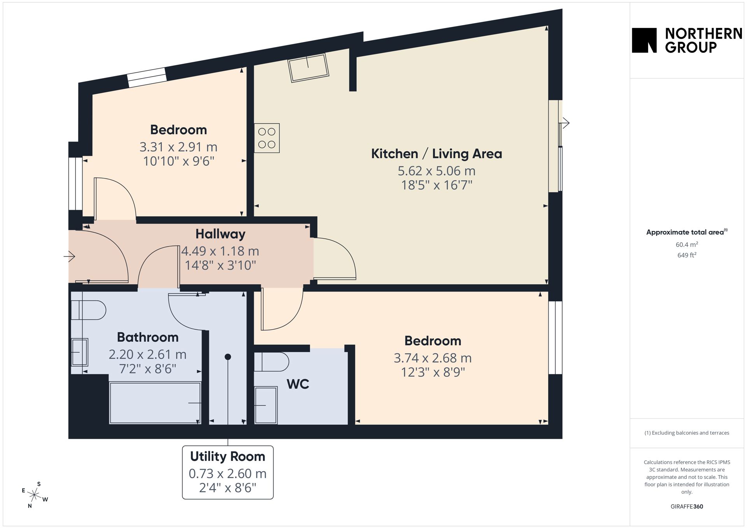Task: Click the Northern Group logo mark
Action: [644, 40]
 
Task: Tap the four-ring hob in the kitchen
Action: [267, 138]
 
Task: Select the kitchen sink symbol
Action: [308, 68]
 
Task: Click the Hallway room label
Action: [220, 234]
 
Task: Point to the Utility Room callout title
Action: [228, 456]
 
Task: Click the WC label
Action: [298, 384]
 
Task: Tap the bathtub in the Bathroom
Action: [155, 403]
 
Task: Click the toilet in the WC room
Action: [272, 362]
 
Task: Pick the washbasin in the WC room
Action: [266, 405]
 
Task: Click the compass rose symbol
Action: [35, 495]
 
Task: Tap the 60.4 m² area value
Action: [687, 245]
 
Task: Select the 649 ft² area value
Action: [687, 255]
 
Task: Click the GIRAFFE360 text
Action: [687, 507]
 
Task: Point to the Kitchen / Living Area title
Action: [437, 154]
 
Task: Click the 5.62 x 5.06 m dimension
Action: [437, 171]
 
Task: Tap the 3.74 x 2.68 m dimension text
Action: [433, 358]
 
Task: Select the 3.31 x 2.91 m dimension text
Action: [178, 147]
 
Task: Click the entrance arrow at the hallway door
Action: [69, 256]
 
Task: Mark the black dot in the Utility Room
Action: [228, 357]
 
